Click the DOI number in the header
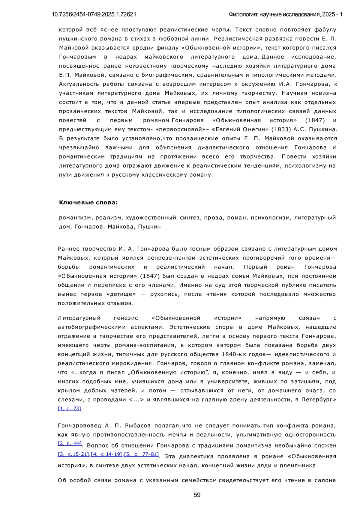[x=94, y=14]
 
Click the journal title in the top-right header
[x=285, y=14]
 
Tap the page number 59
[x=197, y=495]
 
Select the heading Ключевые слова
[x=88, y=202]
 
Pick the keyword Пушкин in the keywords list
[x=149, y=227]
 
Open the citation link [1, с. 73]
[x=69, y=408]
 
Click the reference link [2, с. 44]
[x=70, y=443]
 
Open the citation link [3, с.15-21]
[x=74, y=454]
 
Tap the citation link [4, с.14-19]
[x=107, y=454]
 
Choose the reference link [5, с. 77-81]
[x=142, y=454]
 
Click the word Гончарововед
[x=79, y=426]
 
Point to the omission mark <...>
[x=136, y=400]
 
